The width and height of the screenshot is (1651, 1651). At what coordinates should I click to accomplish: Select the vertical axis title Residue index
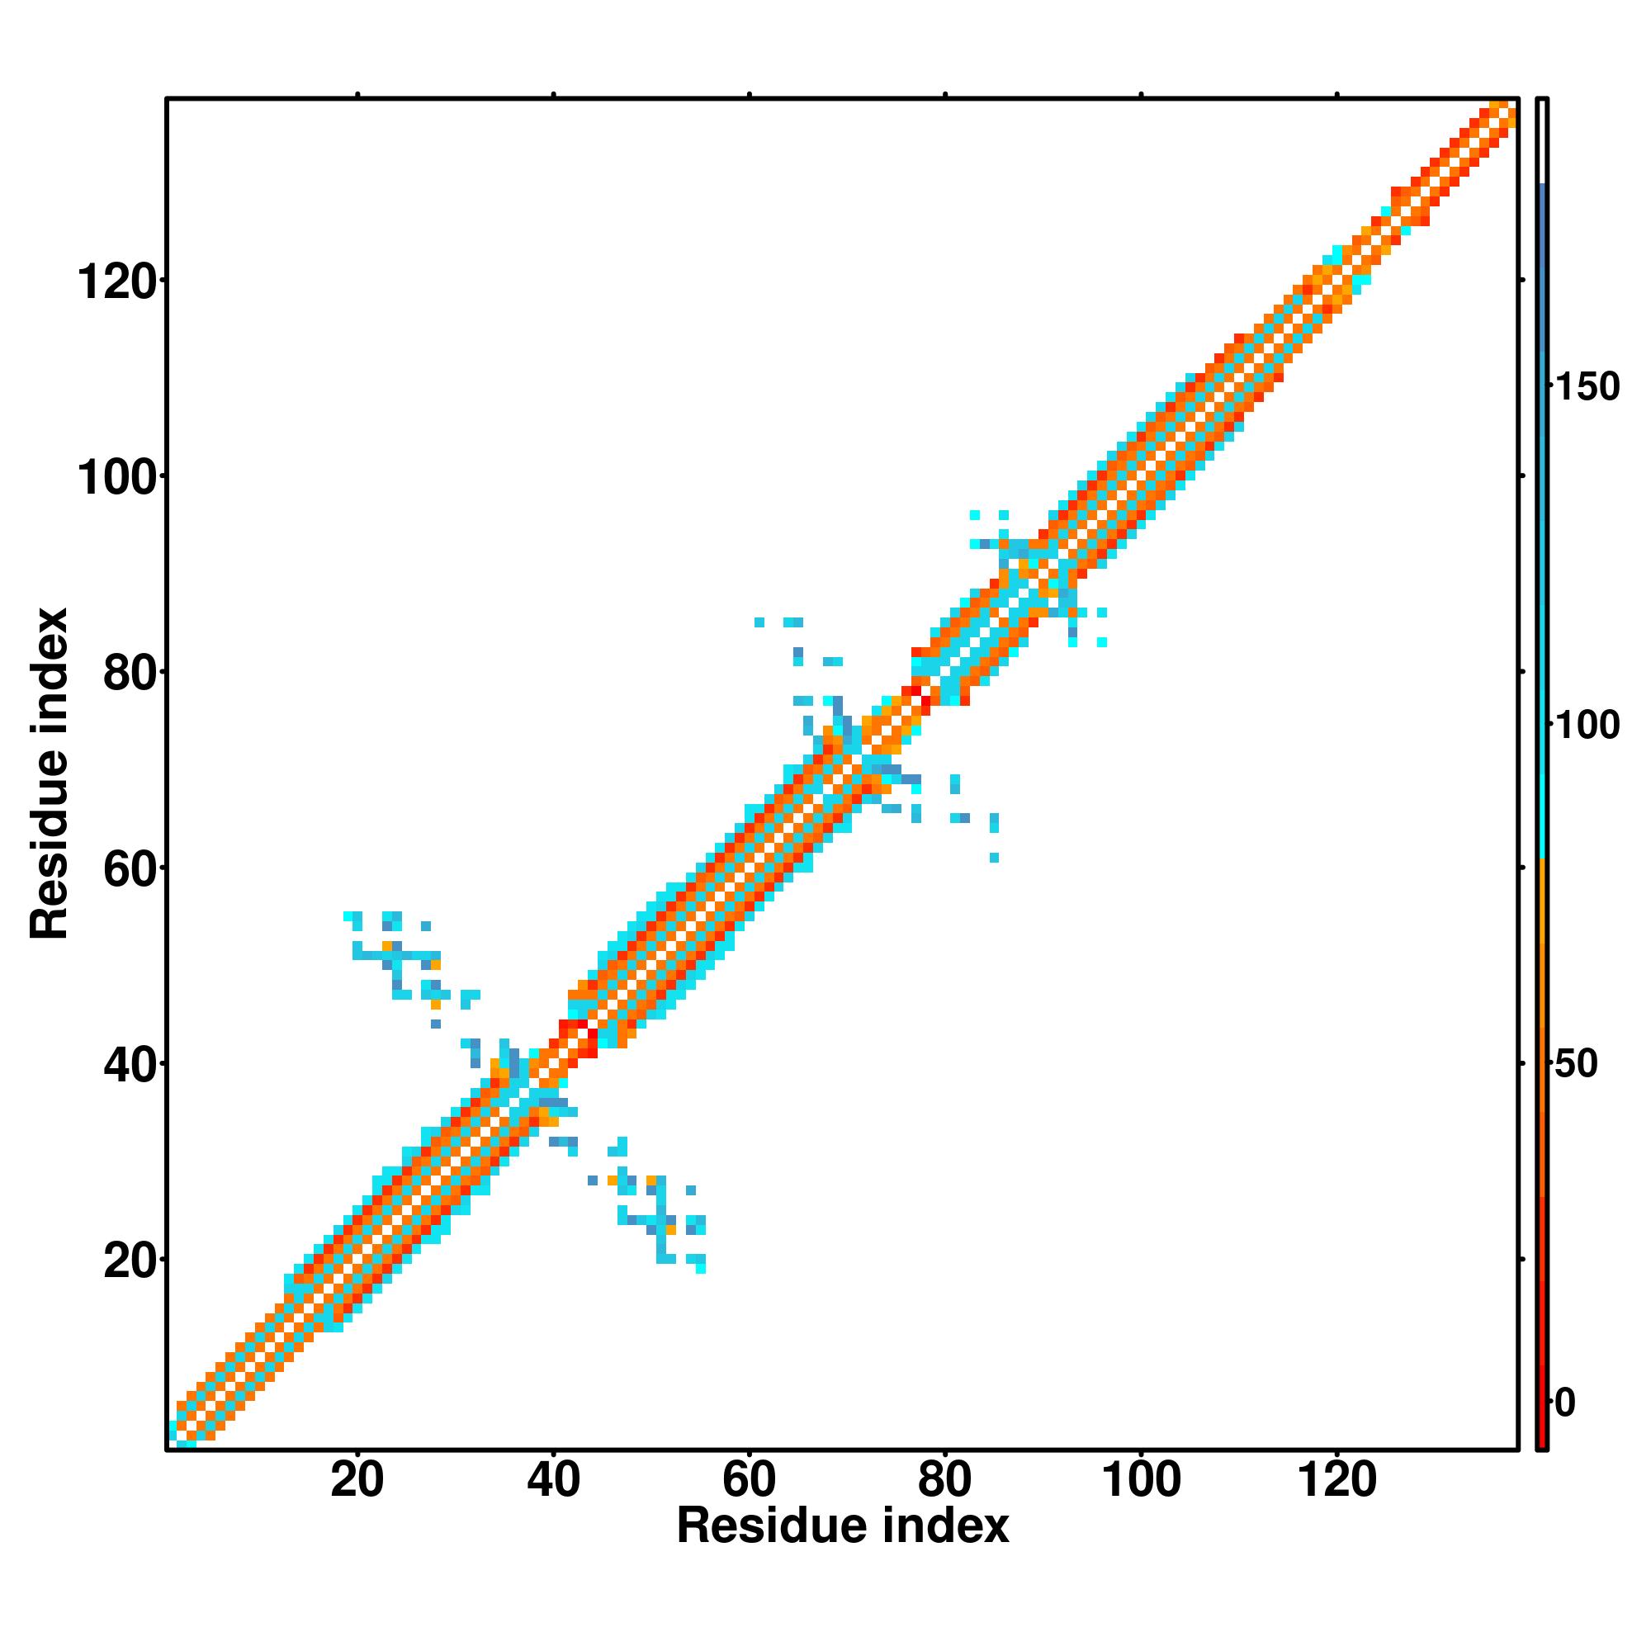point(50,773)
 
